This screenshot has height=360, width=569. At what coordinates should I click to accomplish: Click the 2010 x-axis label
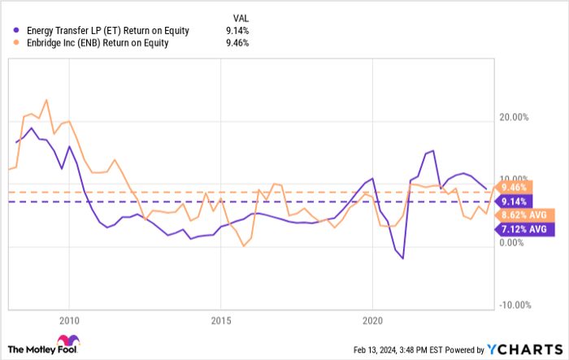pyautogui.click(x=69, y=319)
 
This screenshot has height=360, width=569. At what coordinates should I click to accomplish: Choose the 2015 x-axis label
pyautogui.click(x=220, y=319)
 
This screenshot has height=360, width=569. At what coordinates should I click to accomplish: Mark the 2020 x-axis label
pyautogui.click(x=371, y=319)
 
